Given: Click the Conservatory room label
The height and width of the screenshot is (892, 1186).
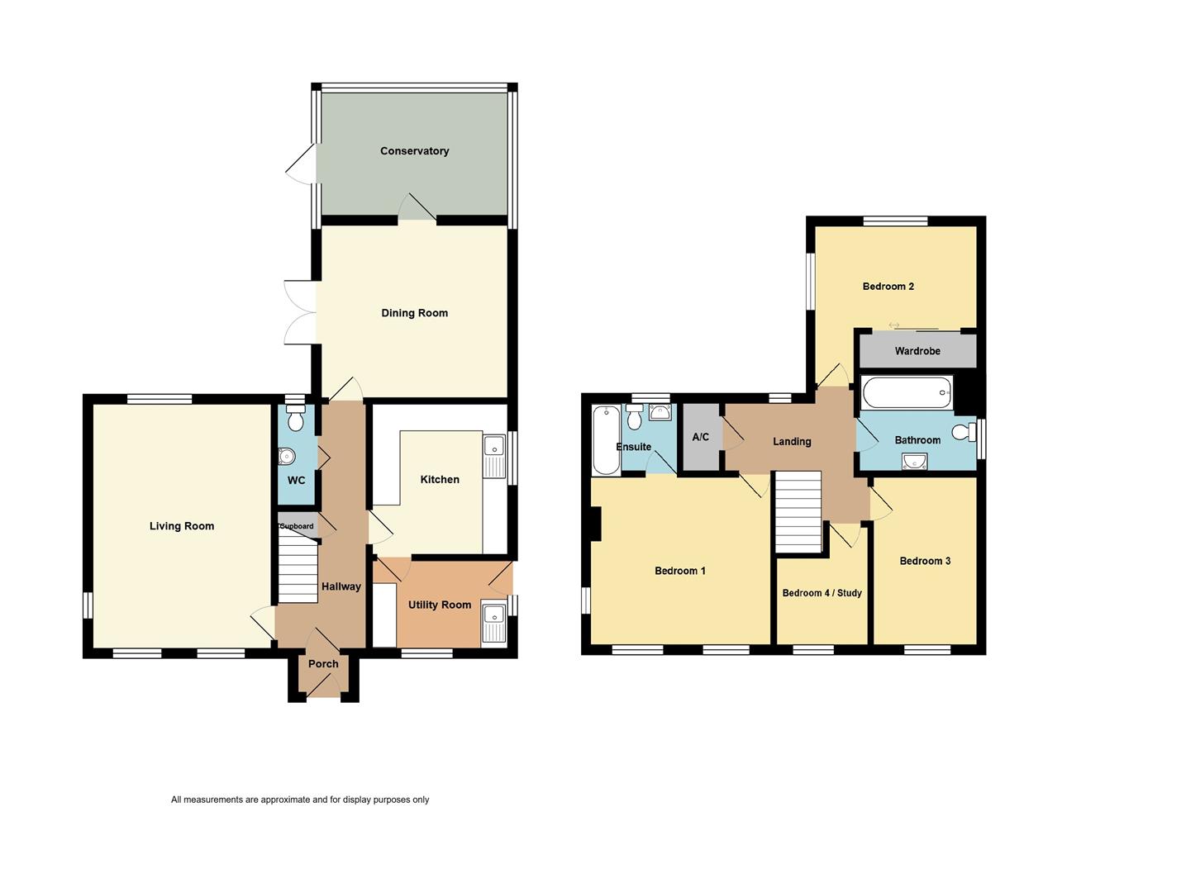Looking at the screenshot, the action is pyautogui.click(x=414, y=151).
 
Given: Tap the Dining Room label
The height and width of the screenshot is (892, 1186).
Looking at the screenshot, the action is pyautogui.click(x=414, y=313).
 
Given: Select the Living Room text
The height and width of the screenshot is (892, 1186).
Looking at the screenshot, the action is pyautogui.click(x=182, y=526).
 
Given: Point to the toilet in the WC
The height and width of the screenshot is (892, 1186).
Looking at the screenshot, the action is pyautogui.click(x=296, y=418).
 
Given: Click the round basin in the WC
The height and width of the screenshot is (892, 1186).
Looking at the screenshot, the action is pyautogui.click(x=287, y=457).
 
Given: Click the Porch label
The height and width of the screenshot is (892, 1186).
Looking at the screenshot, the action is pyautogui.click(x=323, y=663).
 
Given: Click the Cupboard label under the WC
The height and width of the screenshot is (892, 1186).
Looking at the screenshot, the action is pyautogui.click(x=297, y=526).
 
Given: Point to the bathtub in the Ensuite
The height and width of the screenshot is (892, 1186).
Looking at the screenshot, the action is pyautogui.click(x=606, y=440).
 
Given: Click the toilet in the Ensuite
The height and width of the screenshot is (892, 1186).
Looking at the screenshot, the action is pyautogui.click(x=635, y=417).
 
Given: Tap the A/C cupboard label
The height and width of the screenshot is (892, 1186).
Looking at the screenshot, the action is pyautogui.click(x=700, y=437).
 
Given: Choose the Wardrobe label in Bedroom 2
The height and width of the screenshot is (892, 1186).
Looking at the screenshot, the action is pyautogui.click(x=917, y=351).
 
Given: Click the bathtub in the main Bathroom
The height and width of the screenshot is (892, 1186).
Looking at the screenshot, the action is pyautogui.click(x=907, y=392).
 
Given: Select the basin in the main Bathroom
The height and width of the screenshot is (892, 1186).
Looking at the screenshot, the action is pyautogui.click(x=914, y=462).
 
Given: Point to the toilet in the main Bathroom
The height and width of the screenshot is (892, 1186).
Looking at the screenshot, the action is pyautogui.click(x=964, y=433).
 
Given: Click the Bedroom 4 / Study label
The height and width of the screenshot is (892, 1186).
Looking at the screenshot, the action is pyautogui.click(x=822, y=593).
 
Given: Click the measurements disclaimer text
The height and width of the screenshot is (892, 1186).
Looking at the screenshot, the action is pyautogui.click(x=300, y=799).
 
